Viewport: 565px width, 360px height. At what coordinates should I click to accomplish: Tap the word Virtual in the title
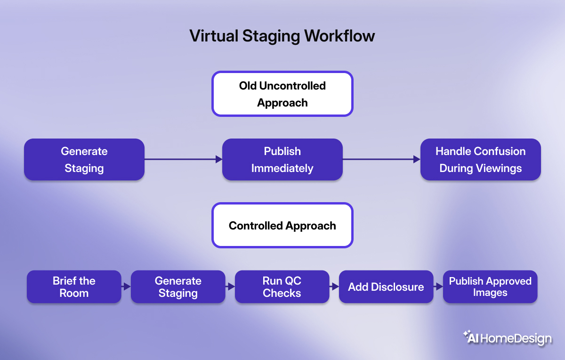click(x=210, y=36)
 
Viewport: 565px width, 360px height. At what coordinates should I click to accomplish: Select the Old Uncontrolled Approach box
click(x=282, y=94)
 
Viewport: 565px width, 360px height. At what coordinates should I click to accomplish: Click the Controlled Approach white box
click(x=282, y=225)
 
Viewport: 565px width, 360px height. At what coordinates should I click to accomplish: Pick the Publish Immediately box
click(x=282, y=159)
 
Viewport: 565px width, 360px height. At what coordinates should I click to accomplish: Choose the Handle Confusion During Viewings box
click(x=480, y=159)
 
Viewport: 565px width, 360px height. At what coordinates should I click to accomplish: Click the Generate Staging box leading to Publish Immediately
click(x=84, y=159)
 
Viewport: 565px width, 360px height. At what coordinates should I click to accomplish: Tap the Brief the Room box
click(x=74, y=286)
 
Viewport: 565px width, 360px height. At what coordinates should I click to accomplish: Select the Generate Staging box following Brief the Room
click(x=178, y=286)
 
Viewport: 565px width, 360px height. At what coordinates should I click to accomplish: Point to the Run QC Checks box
click(x=282, y=286)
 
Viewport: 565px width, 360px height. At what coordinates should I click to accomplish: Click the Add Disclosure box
click(x=386, y=286)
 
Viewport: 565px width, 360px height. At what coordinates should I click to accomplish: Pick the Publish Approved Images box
click(x=490, y=286)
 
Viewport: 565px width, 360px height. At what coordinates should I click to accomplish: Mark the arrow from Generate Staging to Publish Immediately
click(x=183, y=159)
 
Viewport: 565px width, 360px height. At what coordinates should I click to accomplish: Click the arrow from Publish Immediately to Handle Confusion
click(x=381, y=159)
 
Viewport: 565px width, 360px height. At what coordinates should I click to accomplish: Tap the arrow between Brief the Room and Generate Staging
click(x=126, y=286)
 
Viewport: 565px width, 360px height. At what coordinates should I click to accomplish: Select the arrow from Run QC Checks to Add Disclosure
click(x=334, y=286)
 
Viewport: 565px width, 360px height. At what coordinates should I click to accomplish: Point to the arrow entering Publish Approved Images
click(x=438, y=286)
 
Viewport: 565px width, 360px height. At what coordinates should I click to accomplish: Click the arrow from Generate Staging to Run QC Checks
click(x=230, y=286)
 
